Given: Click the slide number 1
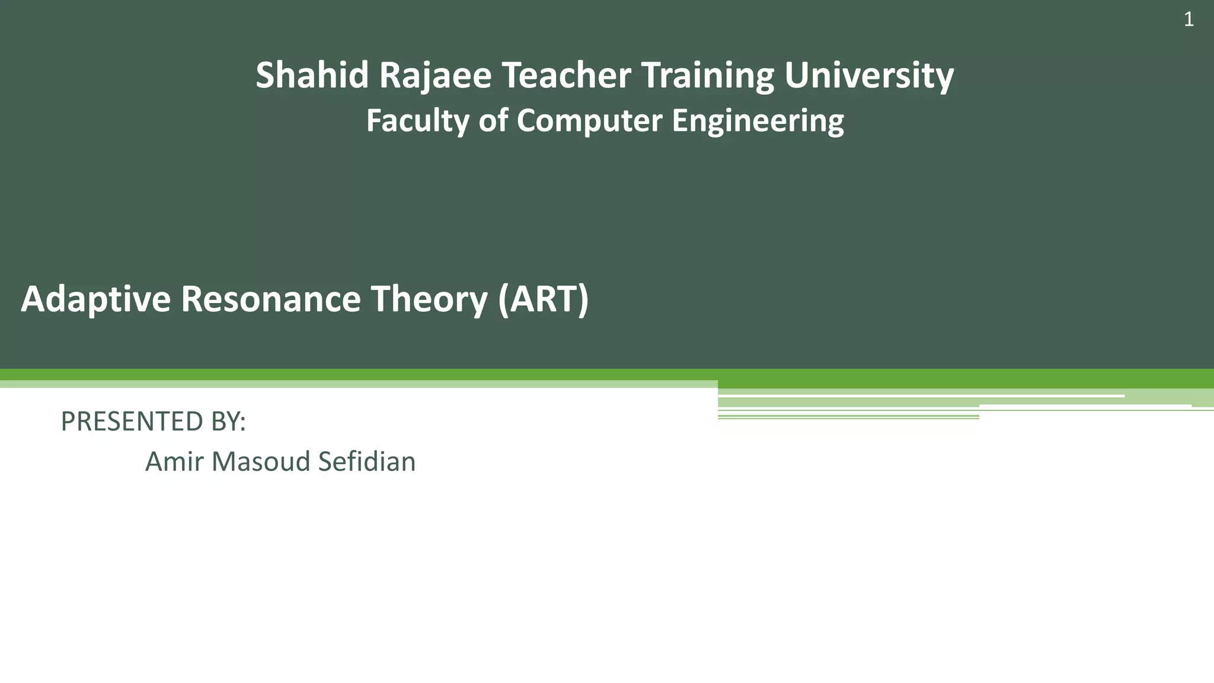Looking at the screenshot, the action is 1189,20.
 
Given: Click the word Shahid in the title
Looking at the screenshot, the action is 312,75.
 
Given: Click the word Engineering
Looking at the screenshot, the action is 758,122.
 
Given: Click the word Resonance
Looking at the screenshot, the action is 271,299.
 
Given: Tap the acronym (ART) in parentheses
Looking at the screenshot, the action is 544,300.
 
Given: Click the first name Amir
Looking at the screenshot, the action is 169,461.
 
